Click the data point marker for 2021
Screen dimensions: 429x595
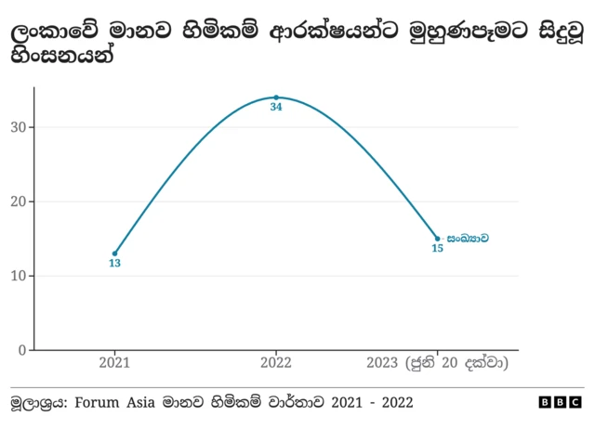pos(115,253)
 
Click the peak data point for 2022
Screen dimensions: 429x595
pos(276,97)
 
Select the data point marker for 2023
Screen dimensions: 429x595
pos(437,239)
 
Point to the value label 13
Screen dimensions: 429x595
pos(115,264)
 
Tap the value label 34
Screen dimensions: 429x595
pos(276,108)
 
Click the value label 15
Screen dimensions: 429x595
pos(437,249)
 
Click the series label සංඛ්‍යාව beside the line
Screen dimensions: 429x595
pos(467,239)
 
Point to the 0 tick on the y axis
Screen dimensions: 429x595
pos(22,350)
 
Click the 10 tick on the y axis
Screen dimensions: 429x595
pos(19,276)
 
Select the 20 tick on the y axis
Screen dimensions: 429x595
pos(19,201)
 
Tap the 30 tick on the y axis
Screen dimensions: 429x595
pos(19,127)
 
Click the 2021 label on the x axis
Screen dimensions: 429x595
pos(115,362)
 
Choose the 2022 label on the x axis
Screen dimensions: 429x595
pos(276,362)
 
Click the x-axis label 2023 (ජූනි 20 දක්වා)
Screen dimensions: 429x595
pos(437,362)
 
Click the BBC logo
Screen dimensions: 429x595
pos(560,402)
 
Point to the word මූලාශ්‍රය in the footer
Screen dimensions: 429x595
pos(37,402)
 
